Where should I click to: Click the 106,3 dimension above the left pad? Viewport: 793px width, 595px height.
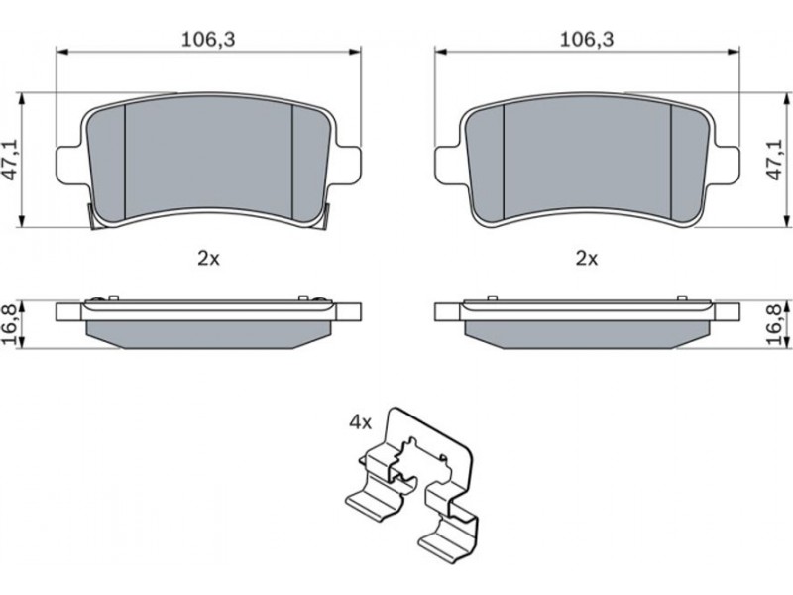click(208, 39)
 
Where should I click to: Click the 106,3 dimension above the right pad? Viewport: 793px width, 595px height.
click(587, 39)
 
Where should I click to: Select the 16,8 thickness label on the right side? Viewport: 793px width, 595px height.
click(777, 324)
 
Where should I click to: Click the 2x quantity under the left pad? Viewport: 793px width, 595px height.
click(208, 259)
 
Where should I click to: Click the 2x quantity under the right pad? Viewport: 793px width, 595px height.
click(587, 259)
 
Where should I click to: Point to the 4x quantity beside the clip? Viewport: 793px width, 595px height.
click(360, 422)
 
